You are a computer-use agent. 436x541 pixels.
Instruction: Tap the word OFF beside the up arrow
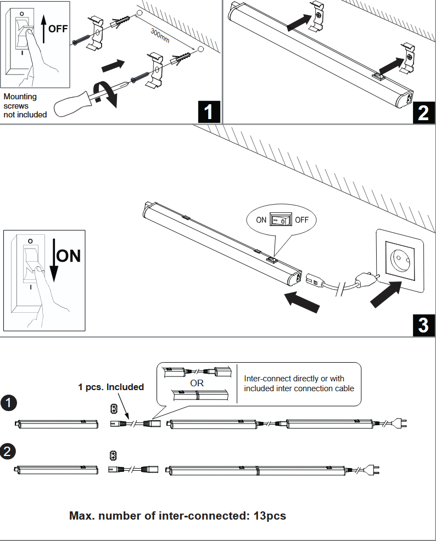pyautogui.click(x=58, y=29)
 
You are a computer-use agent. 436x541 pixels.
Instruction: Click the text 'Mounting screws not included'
pyautogui.click(x=25, y=105)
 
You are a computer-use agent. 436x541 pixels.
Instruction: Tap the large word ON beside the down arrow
pyautogui.click(x=69, y=256)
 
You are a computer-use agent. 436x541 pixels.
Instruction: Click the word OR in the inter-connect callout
pyautogui.click(x=197, y=383)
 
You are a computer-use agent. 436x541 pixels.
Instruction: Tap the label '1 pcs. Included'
pyautogui.click(x=110, y=387)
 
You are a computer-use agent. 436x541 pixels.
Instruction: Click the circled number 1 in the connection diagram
pyautogui.click(x=9, y=403)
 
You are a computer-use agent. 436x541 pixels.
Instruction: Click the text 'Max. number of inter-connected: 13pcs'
pyautogui.click(x=177, y=516)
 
